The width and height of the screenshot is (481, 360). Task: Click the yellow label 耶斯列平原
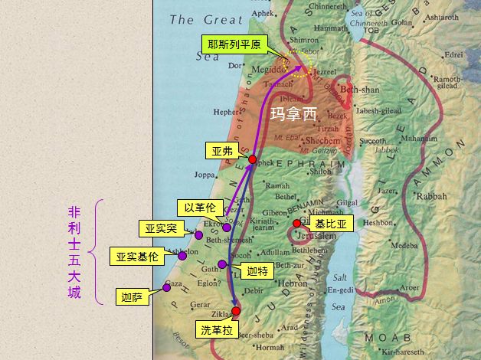(234, 45)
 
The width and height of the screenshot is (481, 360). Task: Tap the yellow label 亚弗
(221, 151)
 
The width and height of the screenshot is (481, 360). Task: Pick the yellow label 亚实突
(161, 228)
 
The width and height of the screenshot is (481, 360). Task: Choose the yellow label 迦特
(257, 271)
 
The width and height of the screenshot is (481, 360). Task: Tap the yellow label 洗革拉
(218, 331)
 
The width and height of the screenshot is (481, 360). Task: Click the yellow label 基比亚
(331, 224)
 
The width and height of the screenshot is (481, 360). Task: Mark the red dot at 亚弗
(252, 159)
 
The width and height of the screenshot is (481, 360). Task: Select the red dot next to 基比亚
(297, 224)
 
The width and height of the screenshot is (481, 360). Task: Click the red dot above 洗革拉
(236, 311)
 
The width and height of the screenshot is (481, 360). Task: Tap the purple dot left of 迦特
(222, 264)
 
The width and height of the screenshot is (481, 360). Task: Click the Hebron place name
(291, 283)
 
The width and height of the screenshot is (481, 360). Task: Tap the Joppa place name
(205, 175)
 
